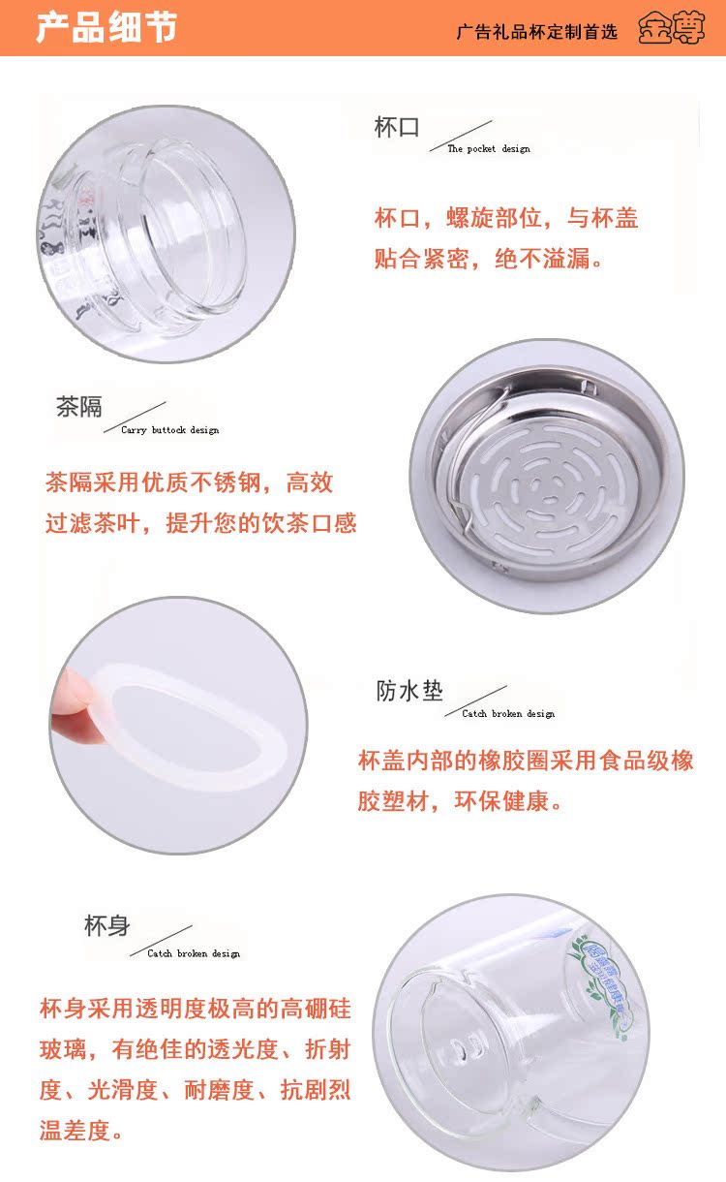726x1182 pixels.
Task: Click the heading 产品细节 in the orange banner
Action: pos(106,27)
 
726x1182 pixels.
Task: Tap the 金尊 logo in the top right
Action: pos(671,29)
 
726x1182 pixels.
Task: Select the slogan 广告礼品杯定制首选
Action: pos(536,31)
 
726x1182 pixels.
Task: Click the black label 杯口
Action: pos(396,128)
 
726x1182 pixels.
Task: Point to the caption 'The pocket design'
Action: pos(488,149)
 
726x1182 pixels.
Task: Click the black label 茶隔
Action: pos(78,407)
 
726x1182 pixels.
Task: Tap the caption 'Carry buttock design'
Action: pos(169,430)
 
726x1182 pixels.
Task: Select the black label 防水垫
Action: pos(409,691)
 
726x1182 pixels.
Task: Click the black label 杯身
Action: pos(106,925)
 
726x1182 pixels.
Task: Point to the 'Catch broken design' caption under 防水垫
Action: pos(508,714)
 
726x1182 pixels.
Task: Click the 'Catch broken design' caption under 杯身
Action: pos(193,953)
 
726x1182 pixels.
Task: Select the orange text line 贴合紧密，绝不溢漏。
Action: pos(489,260)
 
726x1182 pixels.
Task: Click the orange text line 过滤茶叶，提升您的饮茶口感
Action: pos(200,523)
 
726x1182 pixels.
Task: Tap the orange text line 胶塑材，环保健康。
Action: pos(461,801)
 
